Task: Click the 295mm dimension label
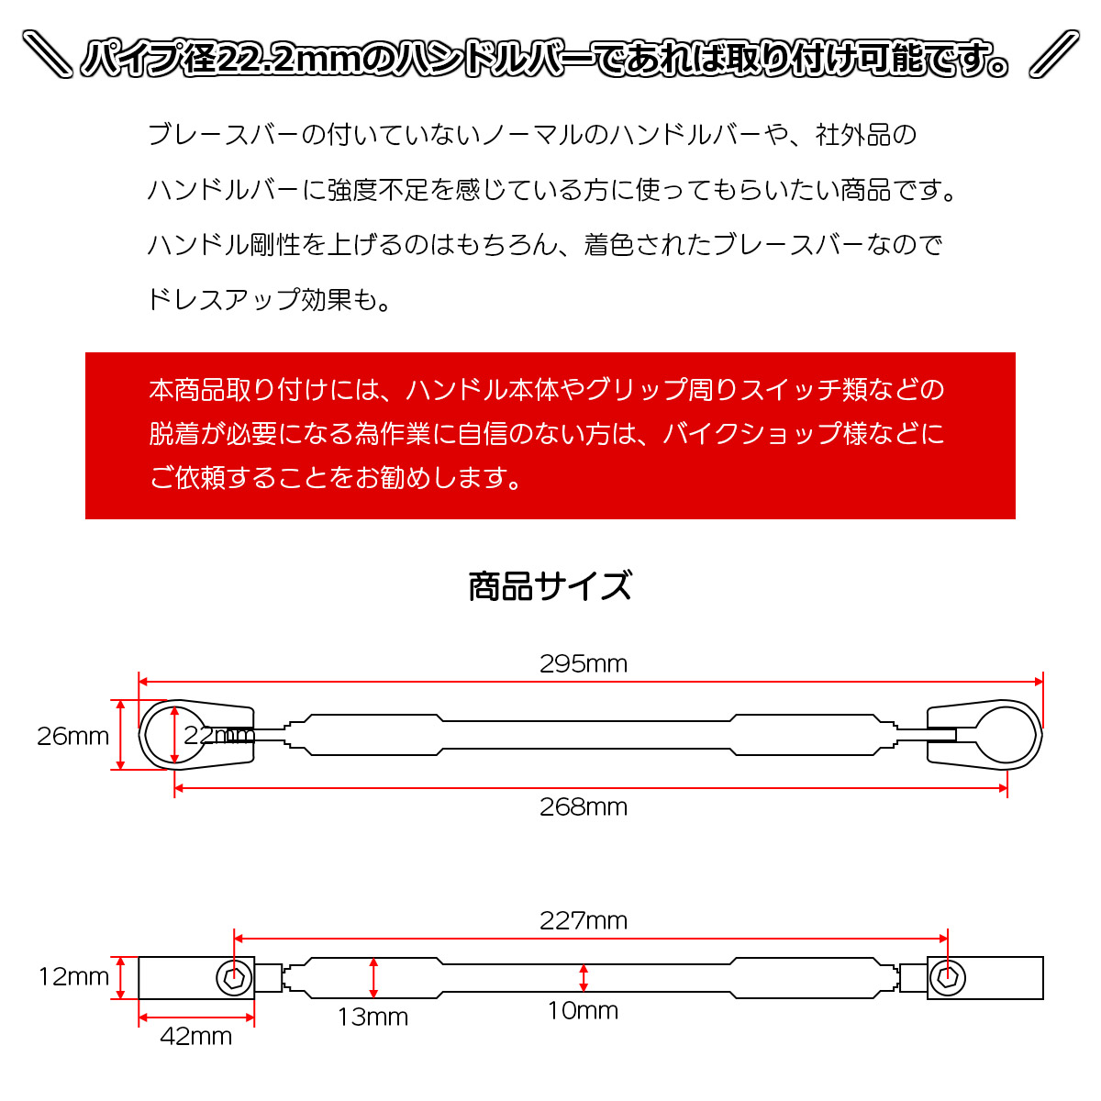583,664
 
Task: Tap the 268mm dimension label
583,807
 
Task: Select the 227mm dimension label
583,920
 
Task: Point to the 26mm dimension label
72,736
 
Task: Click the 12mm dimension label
73,976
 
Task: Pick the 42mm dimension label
196,1037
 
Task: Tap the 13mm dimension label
373,1017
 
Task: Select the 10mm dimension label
583,1010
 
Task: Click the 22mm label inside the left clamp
219,735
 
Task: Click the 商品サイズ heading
550,586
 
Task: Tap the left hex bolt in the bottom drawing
234,978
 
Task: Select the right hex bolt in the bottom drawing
947,978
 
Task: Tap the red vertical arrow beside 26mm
120,735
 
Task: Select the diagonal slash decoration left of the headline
47,54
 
